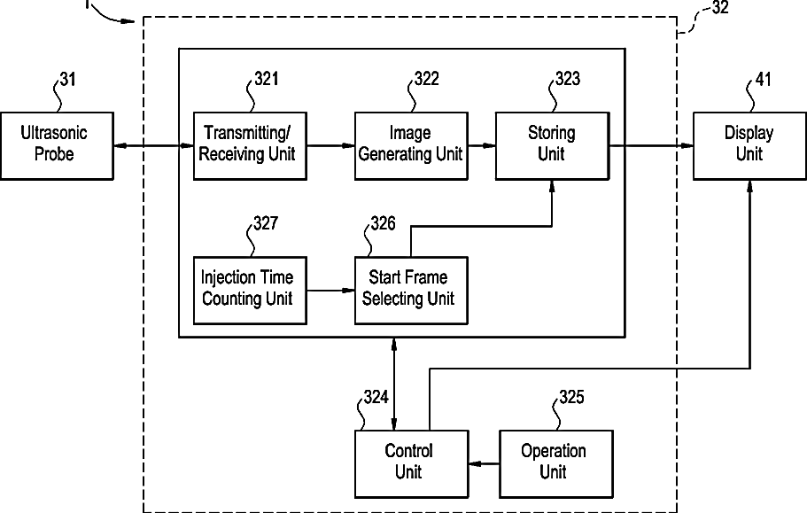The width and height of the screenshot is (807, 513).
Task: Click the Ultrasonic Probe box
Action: pyautogui.click(x=57, y=145)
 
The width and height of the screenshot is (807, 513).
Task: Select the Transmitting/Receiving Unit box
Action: pyautogui.click(x=250, y=145)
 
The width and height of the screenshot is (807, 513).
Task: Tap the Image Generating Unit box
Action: pyautogui.click(x=411, y=145)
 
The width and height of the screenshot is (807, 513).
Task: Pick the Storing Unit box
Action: pyautogui.click(x=552, y=145)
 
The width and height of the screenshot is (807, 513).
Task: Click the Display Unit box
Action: pyautogui.click(x=750, y=145)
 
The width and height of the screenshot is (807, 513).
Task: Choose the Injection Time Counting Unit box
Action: pyautogui.click(x=250, y=291)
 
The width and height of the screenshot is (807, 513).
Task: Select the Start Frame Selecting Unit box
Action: pyautogui.click(x=411, y=291)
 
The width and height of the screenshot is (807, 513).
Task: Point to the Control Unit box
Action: pyautogui.click(x=412, y=464)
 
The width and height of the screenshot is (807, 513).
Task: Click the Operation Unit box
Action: pyautogui.click(x=556, y=464)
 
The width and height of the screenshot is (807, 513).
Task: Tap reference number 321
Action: pyautogui.click(x=267, y=79)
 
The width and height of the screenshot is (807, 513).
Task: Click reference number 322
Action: pyautogui.click(x=427, y=79)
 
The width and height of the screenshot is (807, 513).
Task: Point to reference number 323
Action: pyautogui.click(x=568, y=79)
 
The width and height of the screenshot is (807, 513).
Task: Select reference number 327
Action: pyautogui.click(x=266, y=223)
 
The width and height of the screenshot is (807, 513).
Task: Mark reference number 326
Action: pyautogui.click(x=383, y=223)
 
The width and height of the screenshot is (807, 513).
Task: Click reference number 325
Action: pyautogui.click(x=571, y=397)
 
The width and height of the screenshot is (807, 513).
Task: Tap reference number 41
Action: pyautogui.click(x=764, y=80)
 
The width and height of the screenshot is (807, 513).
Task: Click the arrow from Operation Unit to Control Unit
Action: pyautogui.click(x=484, y=464)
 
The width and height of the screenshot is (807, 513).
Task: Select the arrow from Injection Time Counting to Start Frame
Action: pyautogui.click(x=330, y=291)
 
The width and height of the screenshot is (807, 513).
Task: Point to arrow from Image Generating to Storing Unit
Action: pyautogui.click(x=482, y=145)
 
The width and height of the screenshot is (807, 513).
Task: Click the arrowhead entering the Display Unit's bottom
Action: pyautogui.click(x=750, y=186)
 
